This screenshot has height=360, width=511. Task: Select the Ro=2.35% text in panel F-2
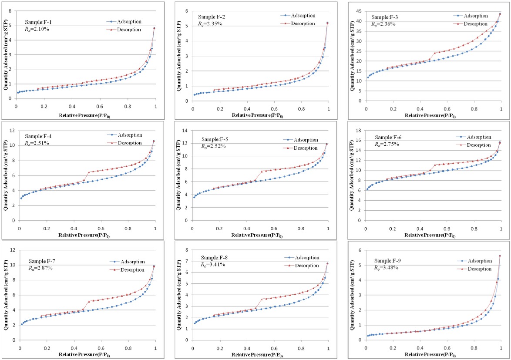pos(210,24)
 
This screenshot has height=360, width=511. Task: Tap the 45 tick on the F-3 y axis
pos(359,11)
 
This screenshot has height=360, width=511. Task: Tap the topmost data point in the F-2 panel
pos(327,23)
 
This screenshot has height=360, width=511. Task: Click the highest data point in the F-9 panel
pos(500,256)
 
